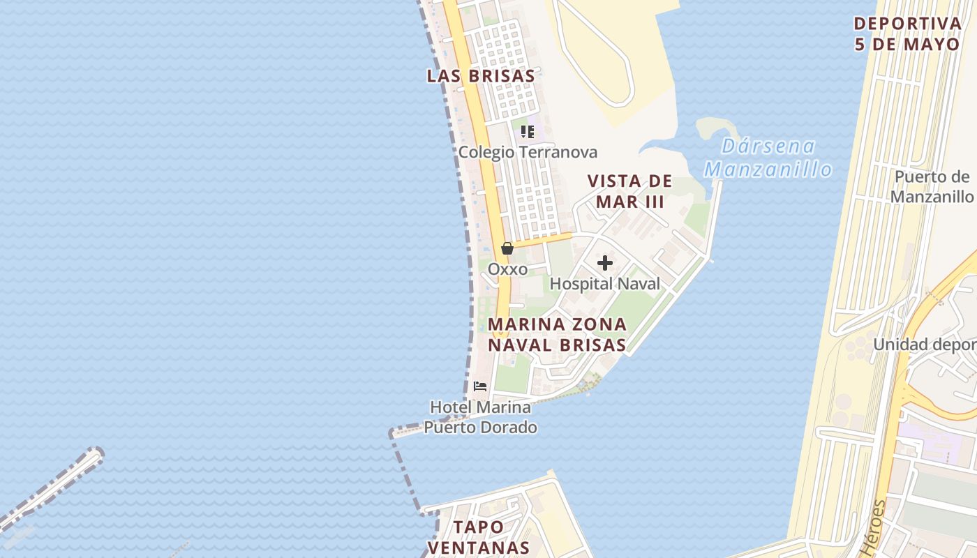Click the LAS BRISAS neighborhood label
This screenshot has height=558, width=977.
[481, 76]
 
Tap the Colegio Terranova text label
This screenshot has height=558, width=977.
[528, 152]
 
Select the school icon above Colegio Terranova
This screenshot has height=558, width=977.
[528, 131]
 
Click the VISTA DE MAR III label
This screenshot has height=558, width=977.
[629, 191]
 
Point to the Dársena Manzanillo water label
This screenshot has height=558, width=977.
[768, 158]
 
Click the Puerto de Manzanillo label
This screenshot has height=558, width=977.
[932, 186]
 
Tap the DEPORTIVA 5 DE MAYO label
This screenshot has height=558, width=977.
[907, 33]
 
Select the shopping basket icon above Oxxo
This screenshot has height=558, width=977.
[507, 248]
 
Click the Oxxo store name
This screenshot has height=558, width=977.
[507, 269]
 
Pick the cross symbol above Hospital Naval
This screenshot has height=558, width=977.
[605, 263]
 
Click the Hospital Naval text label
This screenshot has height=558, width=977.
[605, 284]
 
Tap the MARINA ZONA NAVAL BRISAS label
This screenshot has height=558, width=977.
[557, 335]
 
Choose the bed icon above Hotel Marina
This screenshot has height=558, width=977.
[480, 386]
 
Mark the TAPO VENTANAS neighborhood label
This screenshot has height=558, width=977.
[479, 537]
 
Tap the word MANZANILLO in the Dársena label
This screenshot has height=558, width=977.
[768, 169]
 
